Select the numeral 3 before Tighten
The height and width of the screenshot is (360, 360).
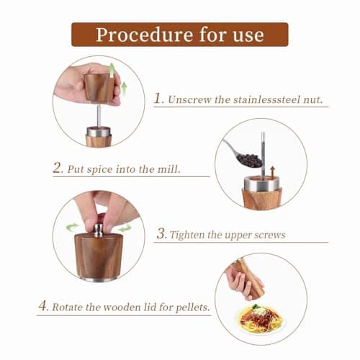163,234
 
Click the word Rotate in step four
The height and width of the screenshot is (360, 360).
76,306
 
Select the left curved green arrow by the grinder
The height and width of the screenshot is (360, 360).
73,227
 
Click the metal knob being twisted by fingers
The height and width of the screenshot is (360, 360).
98,229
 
